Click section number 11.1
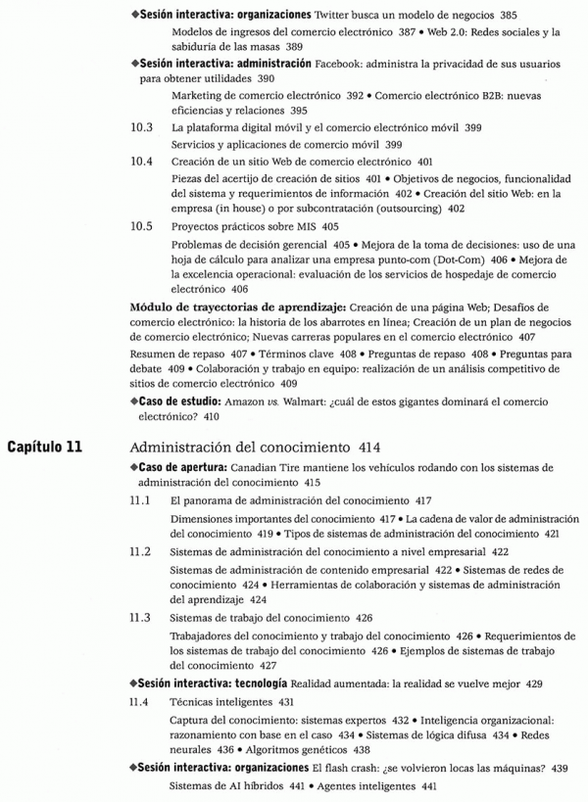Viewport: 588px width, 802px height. pyautogui.click(x=142, y=499)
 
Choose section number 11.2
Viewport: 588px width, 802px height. pyautogui.click(x=142, y=550)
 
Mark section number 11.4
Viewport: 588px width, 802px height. pyautogui.click(x=142, y=701)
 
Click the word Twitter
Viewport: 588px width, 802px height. pyautogui.click(x=339, y=17)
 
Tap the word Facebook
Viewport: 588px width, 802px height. pyautogui.click(x=342, y=63)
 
